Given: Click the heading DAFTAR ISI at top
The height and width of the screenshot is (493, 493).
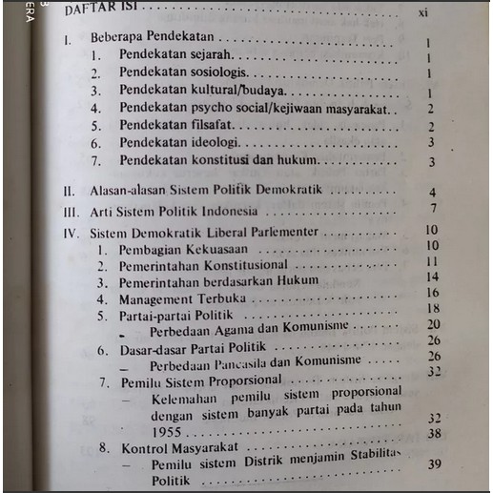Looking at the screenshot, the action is pos(95,10).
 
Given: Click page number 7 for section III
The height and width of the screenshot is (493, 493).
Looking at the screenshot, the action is pos(433,209).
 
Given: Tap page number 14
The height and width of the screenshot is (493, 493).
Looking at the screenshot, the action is pos(432,277).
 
